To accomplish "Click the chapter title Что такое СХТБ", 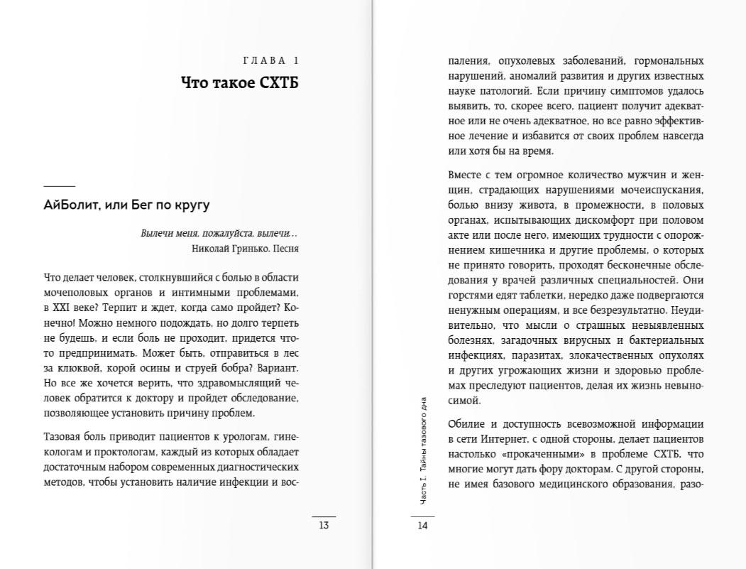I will pyautogui.click(x=240, y=84).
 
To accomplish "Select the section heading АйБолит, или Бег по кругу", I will pyautogui.click(x=127, y=205).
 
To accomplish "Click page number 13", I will pyautogui.click(x=324, y=526).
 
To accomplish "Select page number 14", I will pyautogui.click(x=422, y=526).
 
